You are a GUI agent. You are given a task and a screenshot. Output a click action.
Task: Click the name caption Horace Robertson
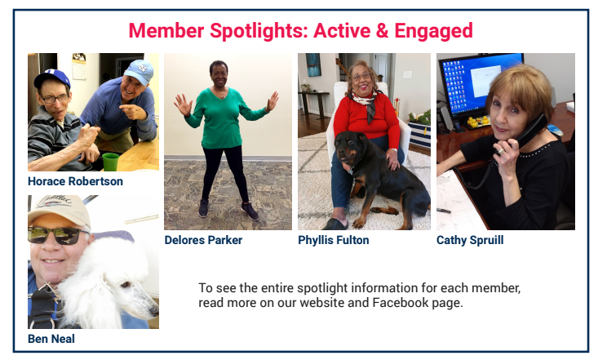(75, 181)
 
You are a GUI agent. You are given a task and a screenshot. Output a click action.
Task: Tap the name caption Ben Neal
(51, 339)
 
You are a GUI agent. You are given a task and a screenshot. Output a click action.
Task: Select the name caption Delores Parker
(203, 240)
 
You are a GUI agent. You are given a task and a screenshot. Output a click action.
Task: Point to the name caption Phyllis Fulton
(334, 240)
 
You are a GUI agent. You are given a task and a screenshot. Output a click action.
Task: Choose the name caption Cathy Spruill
(470, 240)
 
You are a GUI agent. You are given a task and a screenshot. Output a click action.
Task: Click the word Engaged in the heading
(434, 31)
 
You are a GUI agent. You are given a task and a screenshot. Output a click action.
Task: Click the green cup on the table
(111, 162)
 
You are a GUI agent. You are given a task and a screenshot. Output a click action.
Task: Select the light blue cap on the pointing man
(140, 71)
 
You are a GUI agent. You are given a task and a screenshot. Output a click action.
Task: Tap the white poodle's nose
(154, 311)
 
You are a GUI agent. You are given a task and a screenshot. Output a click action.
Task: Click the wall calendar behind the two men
(79, 66)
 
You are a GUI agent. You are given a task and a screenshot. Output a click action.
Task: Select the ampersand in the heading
(382, 30)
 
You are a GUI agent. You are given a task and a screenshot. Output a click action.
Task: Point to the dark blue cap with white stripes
(51, 78)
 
